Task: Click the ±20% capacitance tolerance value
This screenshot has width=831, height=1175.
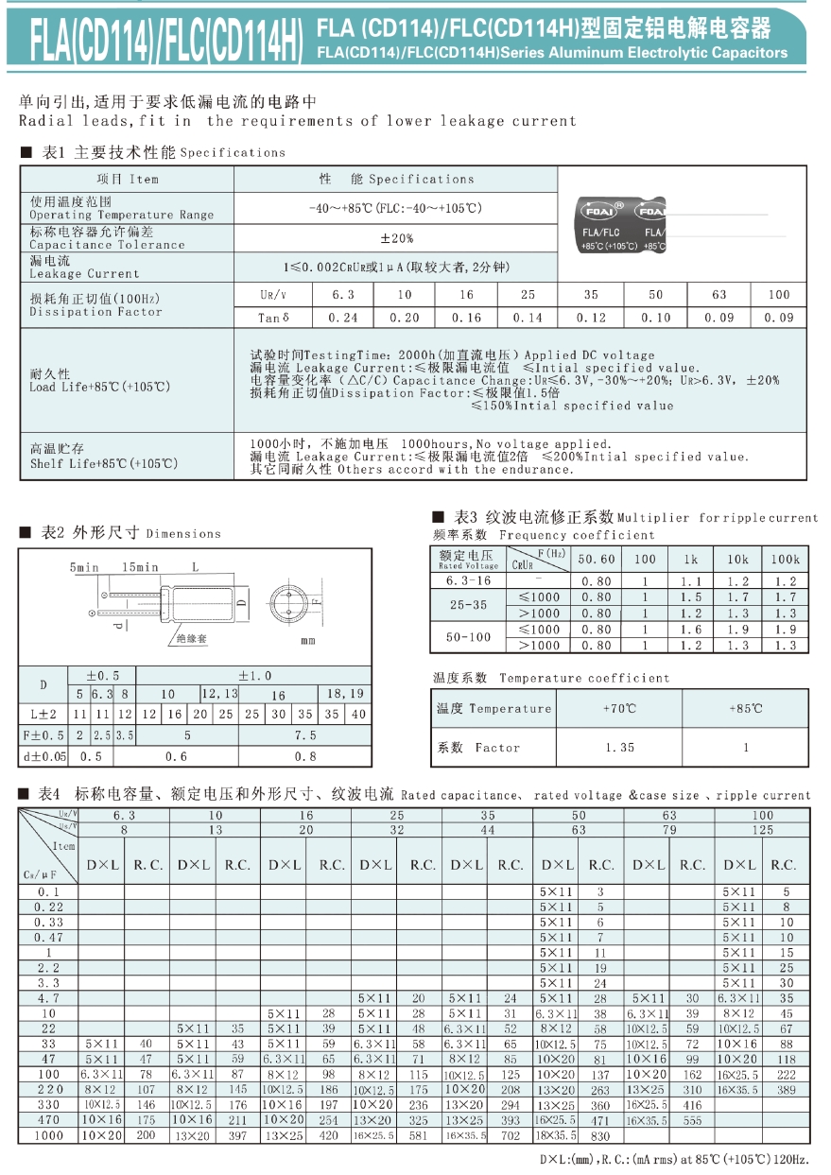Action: click(x=396, y=238)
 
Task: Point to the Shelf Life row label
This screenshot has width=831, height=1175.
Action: click(x=103, y=457)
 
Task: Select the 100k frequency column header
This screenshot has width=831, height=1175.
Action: click(x=785, y=559)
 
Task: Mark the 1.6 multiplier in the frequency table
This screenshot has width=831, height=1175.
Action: click(x=691, y=630)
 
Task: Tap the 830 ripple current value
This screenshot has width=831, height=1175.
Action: click(x=601, y=1135)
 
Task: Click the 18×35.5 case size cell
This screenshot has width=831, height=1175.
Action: click(x=557, y=1135)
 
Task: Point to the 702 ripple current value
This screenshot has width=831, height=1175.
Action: click(x=511, y=1135)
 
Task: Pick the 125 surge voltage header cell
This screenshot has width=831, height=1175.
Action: click(x=763, y=830)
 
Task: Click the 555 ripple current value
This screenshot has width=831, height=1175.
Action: click(x=692, y=1120)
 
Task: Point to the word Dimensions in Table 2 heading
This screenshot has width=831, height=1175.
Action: click(x=183, y=534)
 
